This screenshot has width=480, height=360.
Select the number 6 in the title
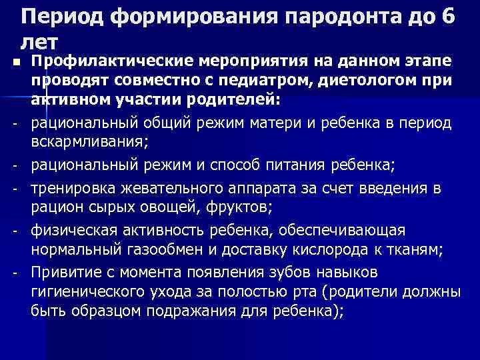[x=447, y=17]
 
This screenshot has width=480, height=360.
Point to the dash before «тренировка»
[x=14, y=189]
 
